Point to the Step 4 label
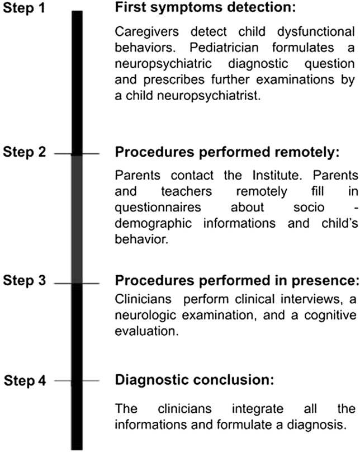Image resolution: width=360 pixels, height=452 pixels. pos(29,382)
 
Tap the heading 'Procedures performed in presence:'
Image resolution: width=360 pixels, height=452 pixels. pos(235,281)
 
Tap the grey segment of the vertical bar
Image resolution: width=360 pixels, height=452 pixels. pos(77,218)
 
